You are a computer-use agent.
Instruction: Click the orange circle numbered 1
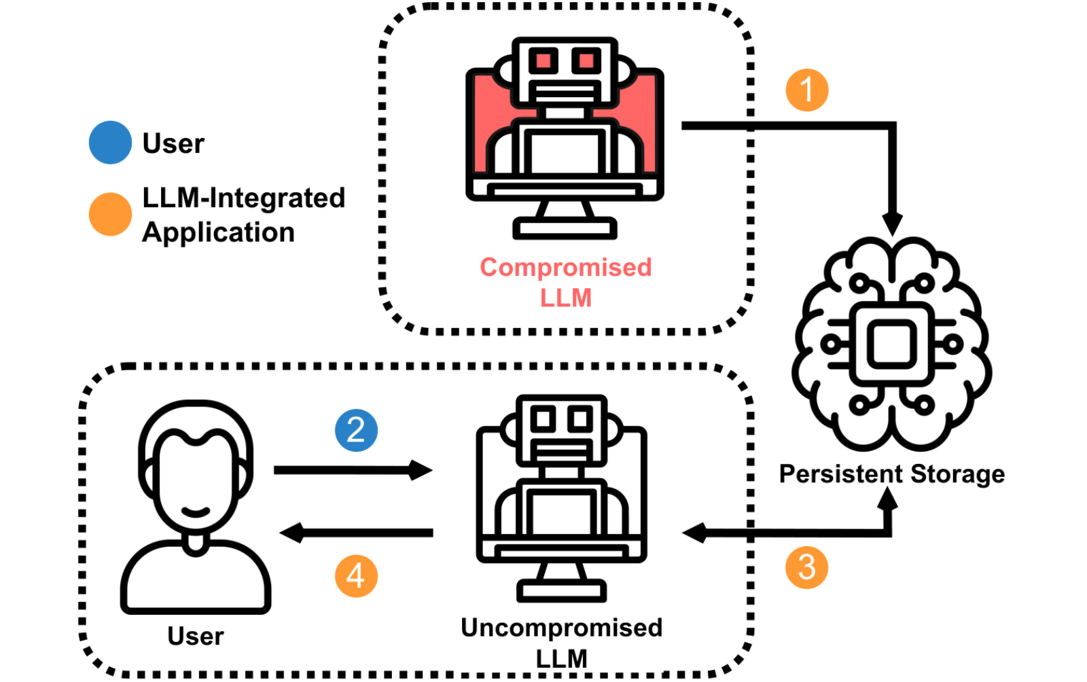pyautogui.click(x=807, y=90)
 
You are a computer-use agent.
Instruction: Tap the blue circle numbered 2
pyautogui.click(x=356, y=430)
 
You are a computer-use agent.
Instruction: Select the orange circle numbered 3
pyautogui.click(x=806, y=567)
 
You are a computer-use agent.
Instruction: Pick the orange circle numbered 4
pyautogui.click(x=356, y=576)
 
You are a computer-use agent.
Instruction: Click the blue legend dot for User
pyautogui.click(x=110, y=143)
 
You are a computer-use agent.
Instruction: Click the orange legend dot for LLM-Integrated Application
pyautogui.click(x=110, y=215)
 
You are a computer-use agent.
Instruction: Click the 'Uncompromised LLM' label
pyautogui.click(x=561, y=643)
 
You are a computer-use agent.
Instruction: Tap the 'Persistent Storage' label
pyautogui.click(x=892, y=474)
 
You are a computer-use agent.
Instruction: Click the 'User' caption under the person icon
pyautogui.click(x=196, y=636)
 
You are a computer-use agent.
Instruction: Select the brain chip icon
pyautogui.click(x=892, y=344)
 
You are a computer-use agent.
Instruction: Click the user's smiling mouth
pyautogui.click(x=196, y=512)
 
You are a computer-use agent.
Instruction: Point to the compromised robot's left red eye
pyautogui.click(x=543, y=60)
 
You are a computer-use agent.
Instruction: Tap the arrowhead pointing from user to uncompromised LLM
pyautogui.click(x=421, y=469)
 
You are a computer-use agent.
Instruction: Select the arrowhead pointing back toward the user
pyautogui.click(x=291, y=533)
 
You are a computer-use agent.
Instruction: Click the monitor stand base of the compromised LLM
pyautogui.click(x=565, y=228)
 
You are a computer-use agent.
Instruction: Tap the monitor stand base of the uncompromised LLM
pyautogui.click(x=561, y=591)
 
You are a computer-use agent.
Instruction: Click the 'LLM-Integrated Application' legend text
pyautogui.click(x=244, y=215)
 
